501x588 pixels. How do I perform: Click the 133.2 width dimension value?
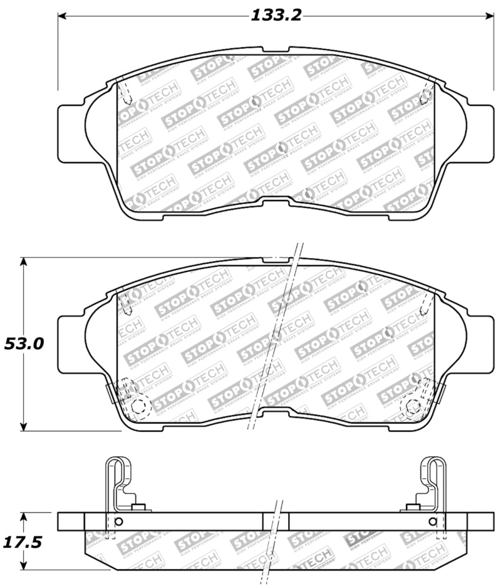pyautogui.click(x=276, y=15)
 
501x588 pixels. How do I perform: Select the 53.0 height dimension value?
pyautogui.click(x=23, y=344)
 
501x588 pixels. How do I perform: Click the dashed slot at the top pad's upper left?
pyautogui.click(x=125, y=93)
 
